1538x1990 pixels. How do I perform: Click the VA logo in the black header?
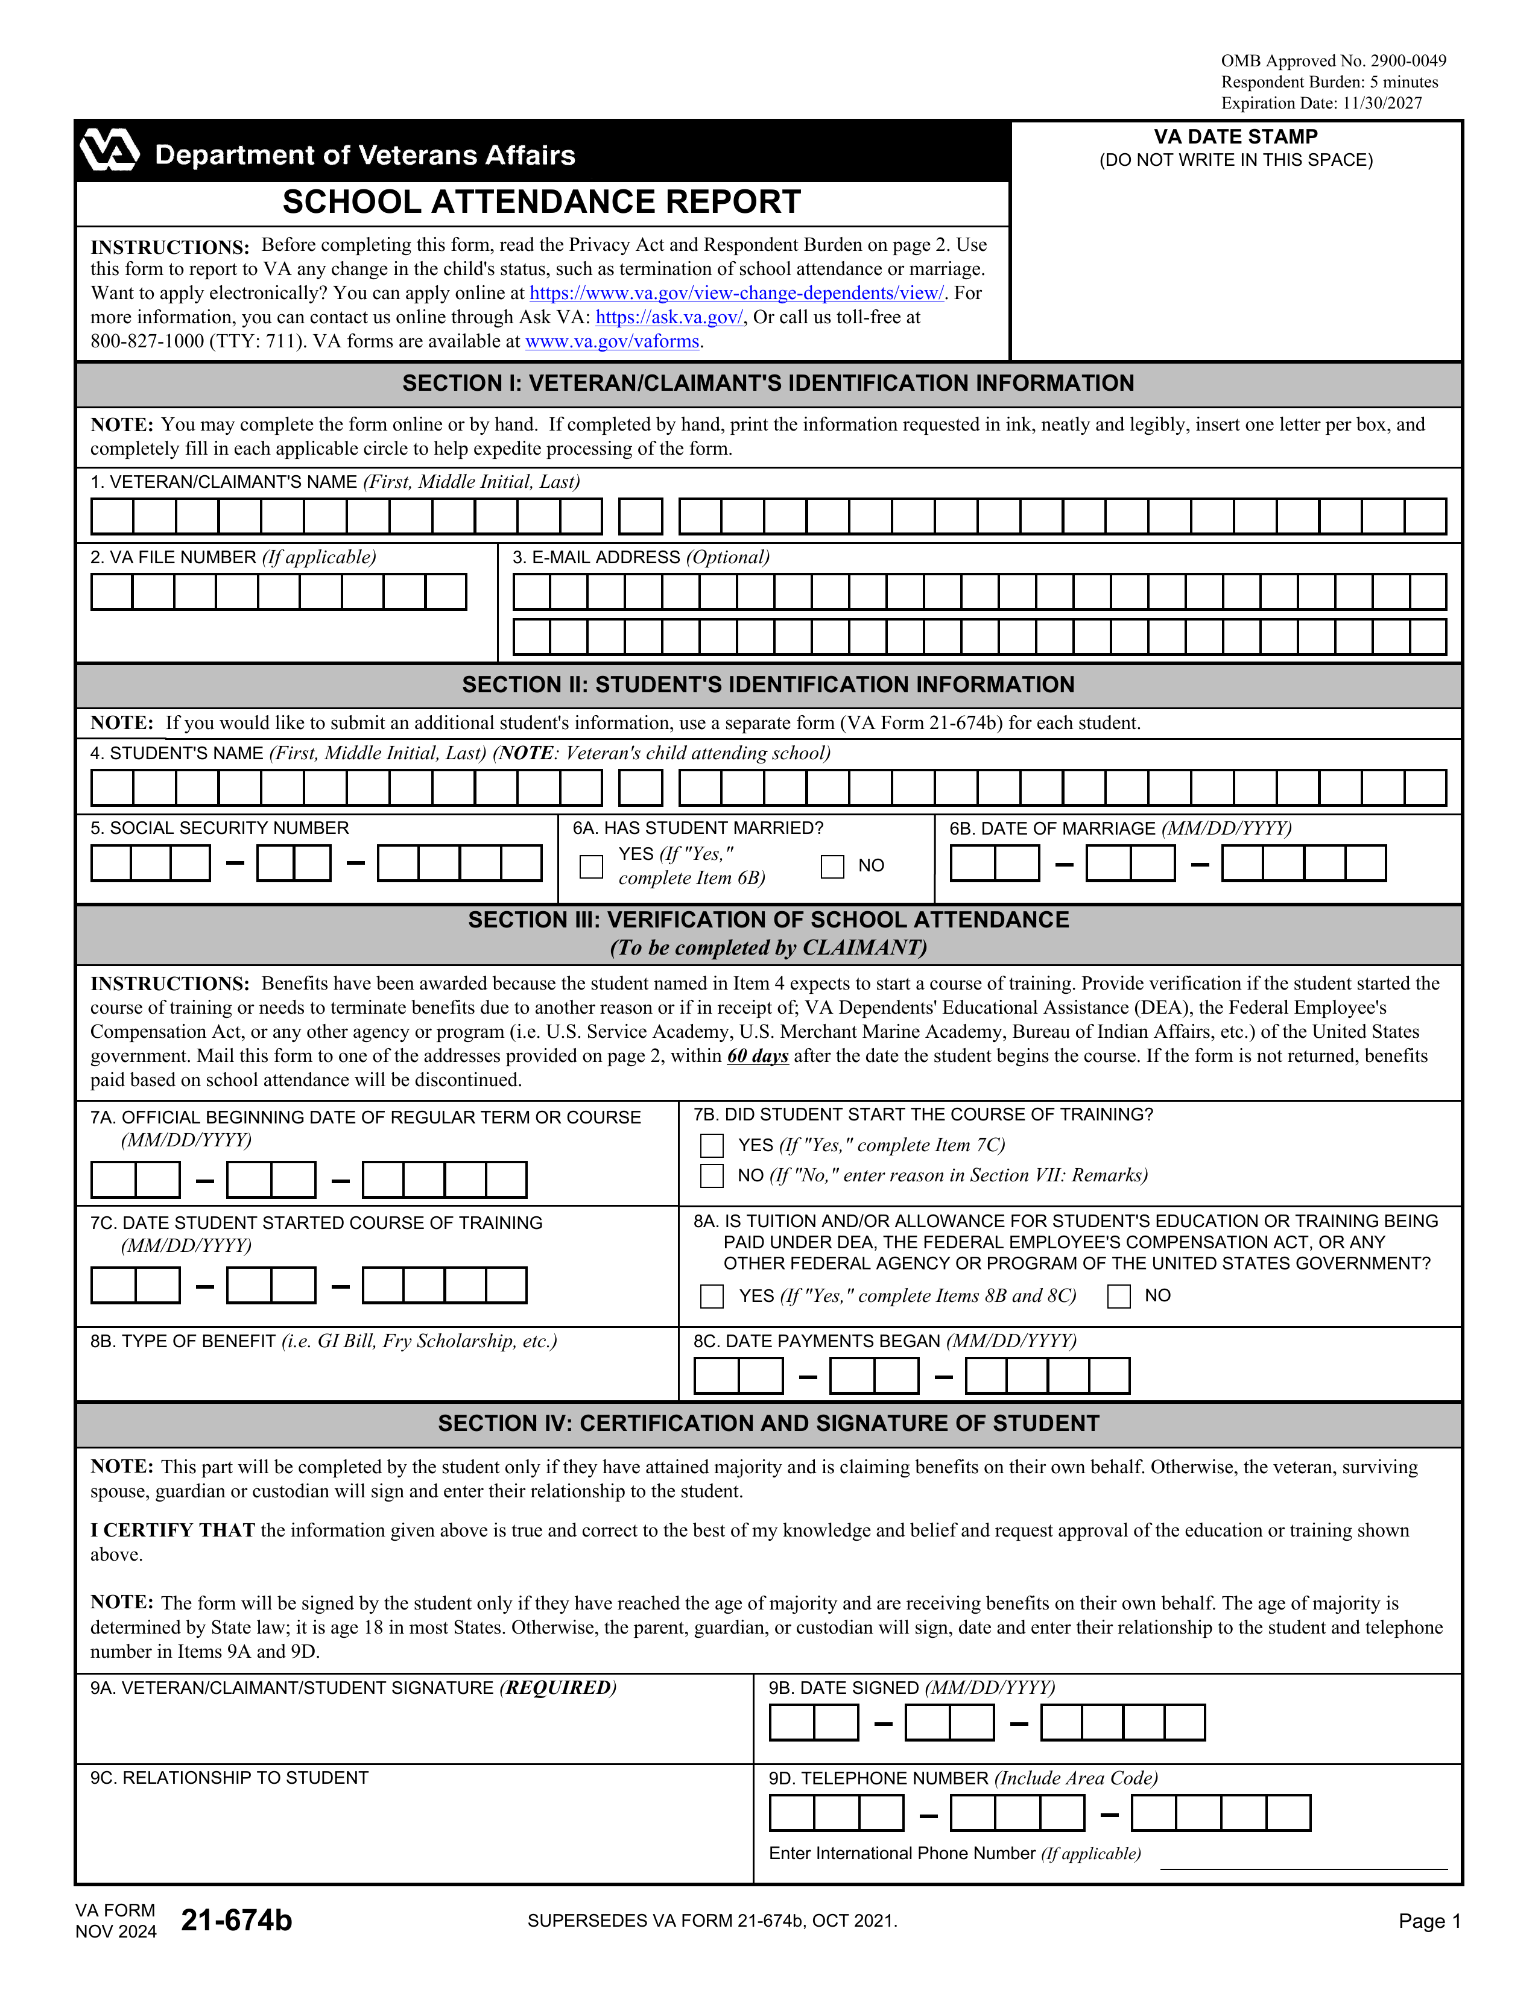(x=109, y=150)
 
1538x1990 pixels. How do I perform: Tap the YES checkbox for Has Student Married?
(x=591, y=867)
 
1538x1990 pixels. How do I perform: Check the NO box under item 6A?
(x=832, y=867)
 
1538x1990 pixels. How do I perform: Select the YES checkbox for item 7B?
(x=712, y=1145)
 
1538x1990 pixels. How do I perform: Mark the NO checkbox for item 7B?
(x=712, y=1175)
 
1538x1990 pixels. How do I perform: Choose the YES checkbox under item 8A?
(x=712, y=1296)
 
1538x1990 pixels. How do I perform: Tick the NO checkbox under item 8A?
(x=1118, y=1296)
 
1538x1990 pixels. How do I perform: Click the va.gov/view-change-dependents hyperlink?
(x=736, y=294)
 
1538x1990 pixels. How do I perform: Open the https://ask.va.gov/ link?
(x=669, y=317)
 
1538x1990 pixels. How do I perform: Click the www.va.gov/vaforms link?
(x=612, y=342)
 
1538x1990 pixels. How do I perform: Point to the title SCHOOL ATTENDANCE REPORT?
(x=541, y=202)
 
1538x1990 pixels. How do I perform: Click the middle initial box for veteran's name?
(x=641, y=517)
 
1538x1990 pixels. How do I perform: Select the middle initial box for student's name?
(x=641, y=788)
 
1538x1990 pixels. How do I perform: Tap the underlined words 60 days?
(x=757, y=1056)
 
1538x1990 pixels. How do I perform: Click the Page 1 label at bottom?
(x=1429, y=1922)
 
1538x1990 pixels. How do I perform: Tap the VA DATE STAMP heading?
(x=1235, y=137)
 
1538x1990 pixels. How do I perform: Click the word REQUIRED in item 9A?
(x=558, y=1688)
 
